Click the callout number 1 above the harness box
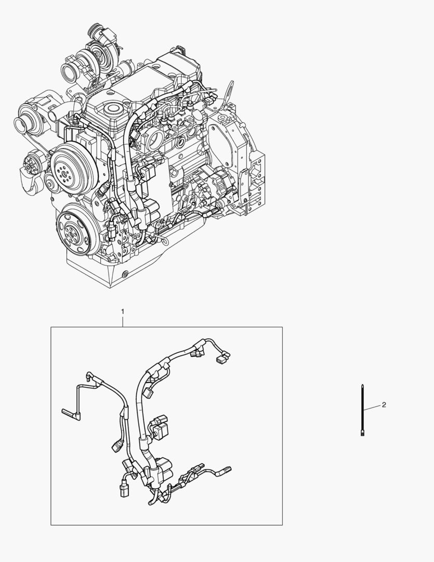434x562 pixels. pyautogui.click(x=123, y=312)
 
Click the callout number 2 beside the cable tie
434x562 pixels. pyautogui.click(x=384, y=405)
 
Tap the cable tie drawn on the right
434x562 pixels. pyautogui.click(x=362, y=410)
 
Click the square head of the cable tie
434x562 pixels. pyautogui.click(x=362, y=433)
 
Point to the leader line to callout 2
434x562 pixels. pyautogui.click(x=372, y=407)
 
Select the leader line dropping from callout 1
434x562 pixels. pyautogui.click(x=123, y=322)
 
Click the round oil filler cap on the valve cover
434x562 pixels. pyautogui.click(x=113, y=109)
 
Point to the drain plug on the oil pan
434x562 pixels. pyautogui.click(x=125, y=274)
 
